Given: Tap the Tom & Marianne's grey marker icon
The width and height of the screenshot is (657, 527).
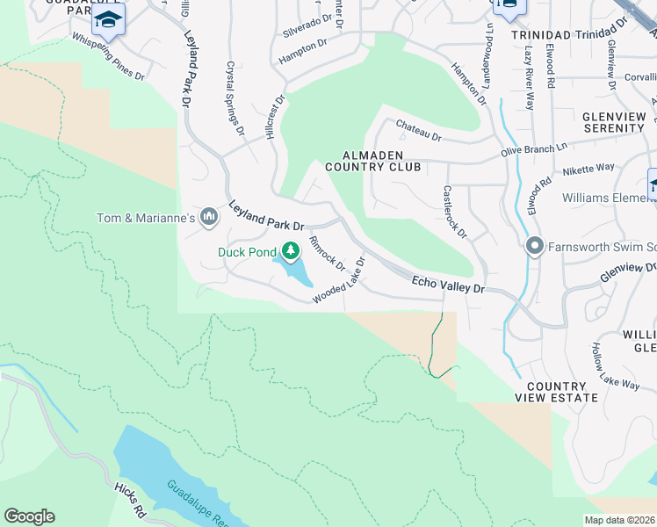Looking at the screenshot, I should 209,216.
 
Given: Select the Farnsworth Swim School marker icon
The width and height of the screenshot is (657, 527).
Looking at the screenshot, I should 533,245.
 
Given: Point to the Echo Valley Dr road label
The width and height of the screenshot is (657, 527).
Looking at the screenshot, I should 448,285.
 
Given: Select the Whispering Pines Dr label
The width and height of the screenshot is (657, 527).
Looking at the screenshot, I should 107,57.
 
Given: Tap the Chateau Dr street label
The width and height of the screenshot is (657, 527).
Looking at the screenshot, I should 417,131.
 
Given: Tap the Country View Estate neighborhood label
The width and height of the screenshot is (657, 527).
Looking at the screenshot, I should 562,392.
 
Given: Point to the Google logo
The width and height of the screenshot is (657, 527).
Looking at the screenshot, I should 29,516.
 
